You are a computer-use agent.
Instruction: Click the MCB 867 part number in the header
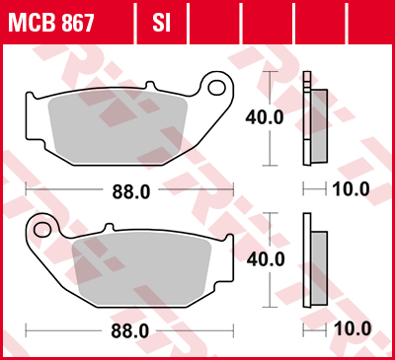tap(53, 21)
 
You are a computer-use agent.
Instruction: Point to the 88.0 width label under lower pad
tap(129, 330)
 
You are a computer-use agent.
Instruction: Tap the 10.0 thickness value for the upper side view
tap(350, 188)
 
